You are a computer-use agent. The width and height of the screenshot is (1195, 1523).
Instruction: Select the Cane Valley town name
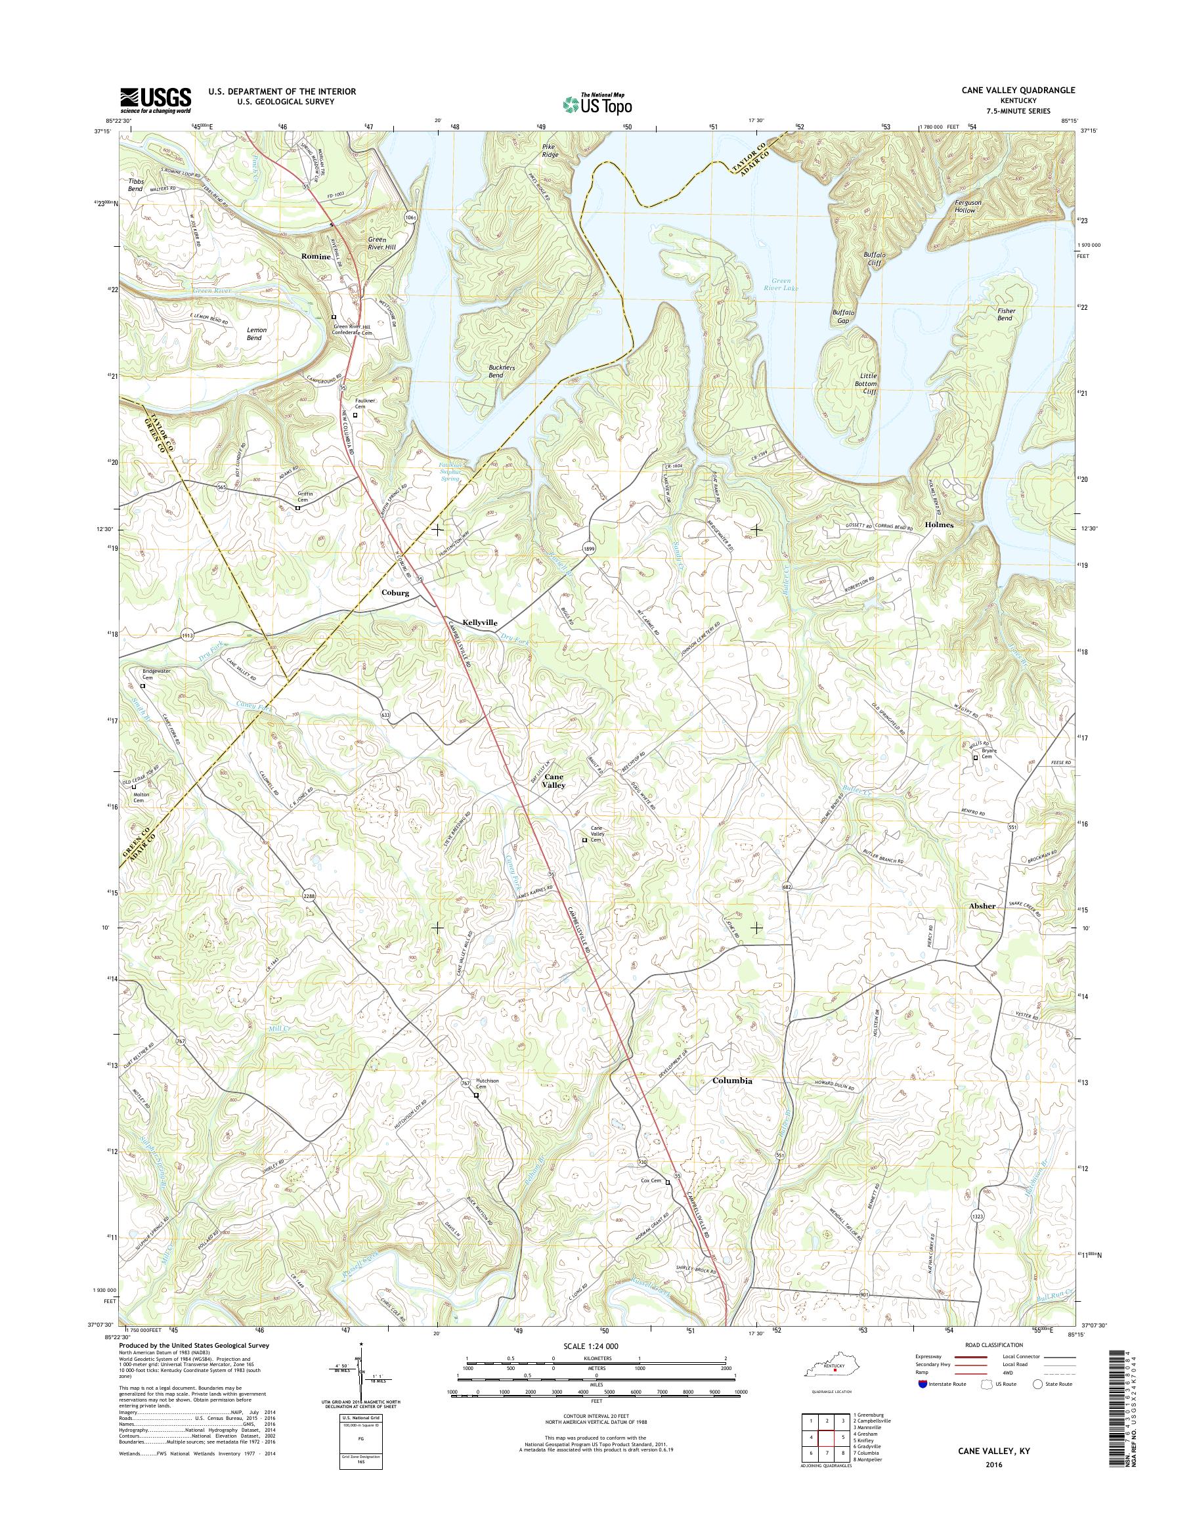(x=555, y=781)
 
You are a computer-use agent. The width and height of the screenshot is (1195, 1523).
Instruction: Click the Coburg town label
(x=395, y=592)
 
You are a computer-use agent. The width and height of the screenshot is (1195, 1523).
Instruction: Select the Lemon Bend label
(x=253, y=333)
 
